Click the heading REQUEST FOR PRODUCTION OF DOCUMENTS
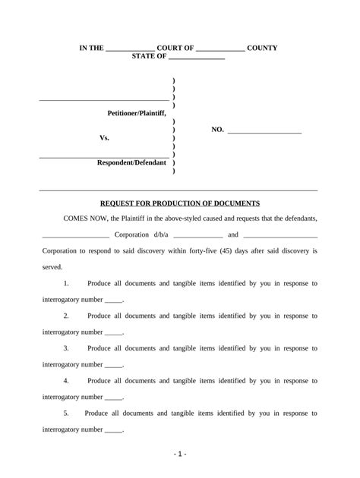[x=180, y=203]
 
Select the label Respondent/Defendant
[x=131, y=163]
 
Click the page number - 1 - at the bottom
[x=179, y=454]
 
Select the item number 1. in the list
[x=67, y=284]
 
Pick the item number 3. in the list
[x=67, y=348]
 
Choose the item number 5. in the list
[x=67, y=414]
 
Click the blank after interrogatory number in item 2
[x=113, y=332]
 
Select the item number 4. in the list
[x=67, y=381]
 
